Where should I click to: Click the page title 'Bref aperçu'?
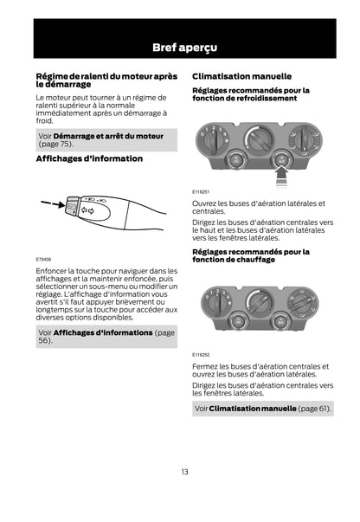[184, 48]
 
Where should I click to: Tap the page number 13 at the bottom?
[184, 472]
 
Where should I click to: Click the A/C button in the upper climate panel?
[281, 161]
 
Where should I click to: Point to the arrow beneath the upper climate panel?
[282, 177]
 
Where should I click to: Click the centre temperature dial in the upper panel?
[260, 140]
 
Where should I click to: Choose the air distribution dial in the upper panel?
[304, 140]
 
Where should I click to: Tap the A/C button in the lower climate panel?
[280, 322]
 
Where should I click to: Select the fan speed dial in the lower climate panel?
[217, 303]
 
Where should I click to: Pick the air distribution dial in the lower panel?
[302, 304]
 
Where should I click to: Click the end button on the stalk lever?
[72, 207]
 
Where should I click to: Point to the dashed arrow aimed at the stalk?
[53, 203]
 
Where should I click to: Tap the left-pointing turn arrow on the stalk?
[84, 210]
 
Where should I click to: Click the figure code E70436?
[43, 260]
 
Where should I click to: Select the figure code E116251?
[201, 192]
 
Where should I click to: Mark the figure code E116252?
[201, 355]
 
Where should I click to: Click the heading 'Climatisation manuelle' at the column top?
[242, 76]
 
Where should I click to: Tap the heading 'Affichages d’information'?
[89, 158]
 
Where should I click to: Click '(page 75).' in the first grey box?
[56, 145]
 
